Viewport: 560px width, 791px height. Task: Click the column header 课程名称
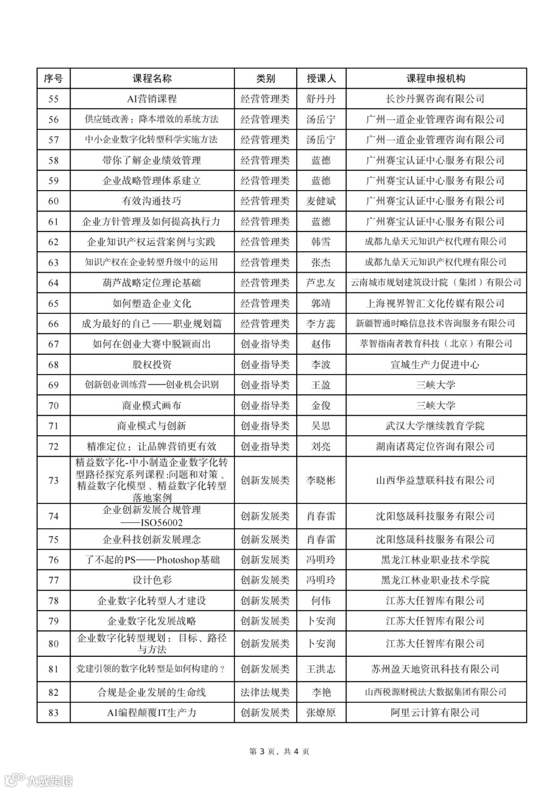point(152,79)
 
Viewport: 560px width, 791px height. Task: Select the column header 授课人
point(321,79)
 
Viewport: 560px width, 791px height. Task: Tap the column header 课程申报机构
point(436,79)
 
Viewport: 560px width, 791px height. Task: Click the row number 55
point(53,99)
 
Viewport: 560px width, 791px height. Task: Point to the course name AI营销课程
point(152,99)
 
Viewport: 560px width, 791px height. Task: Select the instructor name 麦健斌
point(321,201)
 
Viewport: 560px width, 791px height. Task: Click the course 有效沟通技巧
point(152,201)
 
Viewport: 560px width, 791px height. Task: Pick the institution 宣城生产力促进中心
point(436,365)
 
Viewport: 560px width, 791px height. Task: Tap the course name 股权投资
point(152,365)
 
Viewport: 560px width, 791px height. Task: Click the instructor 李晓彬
point(321,480)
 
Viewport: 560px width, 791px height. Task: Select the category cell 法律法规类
point(265,692)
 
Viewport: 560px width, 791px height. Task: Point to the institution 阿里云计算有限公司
point(436,713)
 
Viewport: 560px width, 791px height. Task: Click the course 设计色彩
point(152,580)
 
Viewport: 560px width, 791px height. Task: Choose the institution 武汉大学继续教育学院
point(436,426)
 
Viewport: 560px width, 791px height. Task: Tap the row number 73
point(53,480)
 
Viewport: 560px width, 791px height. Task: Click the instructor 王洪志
point(321,669)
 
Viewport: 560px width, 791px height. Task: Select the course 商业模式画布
point(152,406)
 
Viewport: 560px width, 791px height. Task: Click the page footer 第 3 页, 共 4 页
point(279,752)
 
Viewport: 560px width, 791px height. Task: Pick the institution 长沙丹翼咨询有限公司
point(436,99)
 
